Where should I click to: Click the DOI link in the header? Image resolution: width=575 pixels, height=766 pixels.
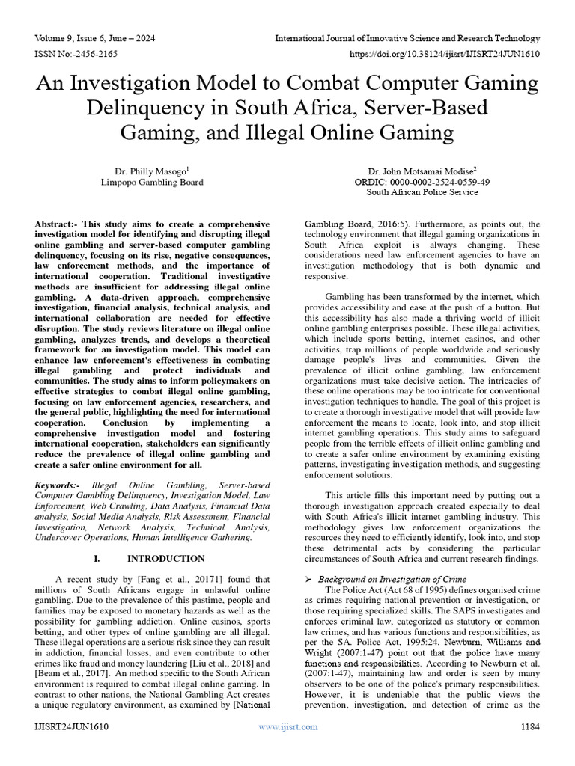(x=445, y=54)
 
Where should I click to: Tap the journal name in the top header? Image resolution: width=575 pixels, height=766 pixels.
(x=407, y=37)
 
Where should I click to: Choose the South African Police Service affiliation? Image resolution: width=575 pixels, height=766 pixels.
(x=422, y=192)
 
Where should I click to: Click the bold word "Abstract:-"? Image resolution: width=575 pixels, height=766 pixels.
(x=59, y=224)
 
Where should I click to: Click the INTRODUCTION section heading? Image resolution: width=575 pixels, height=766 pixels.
(x=165, y=558)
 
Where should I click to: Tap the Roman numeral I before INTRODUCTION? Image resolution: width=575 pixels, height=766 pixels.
(x=97, y=558)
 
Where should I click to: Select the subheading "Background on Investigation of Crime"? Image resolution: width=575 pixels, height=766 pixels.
(x=392, y=579)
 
